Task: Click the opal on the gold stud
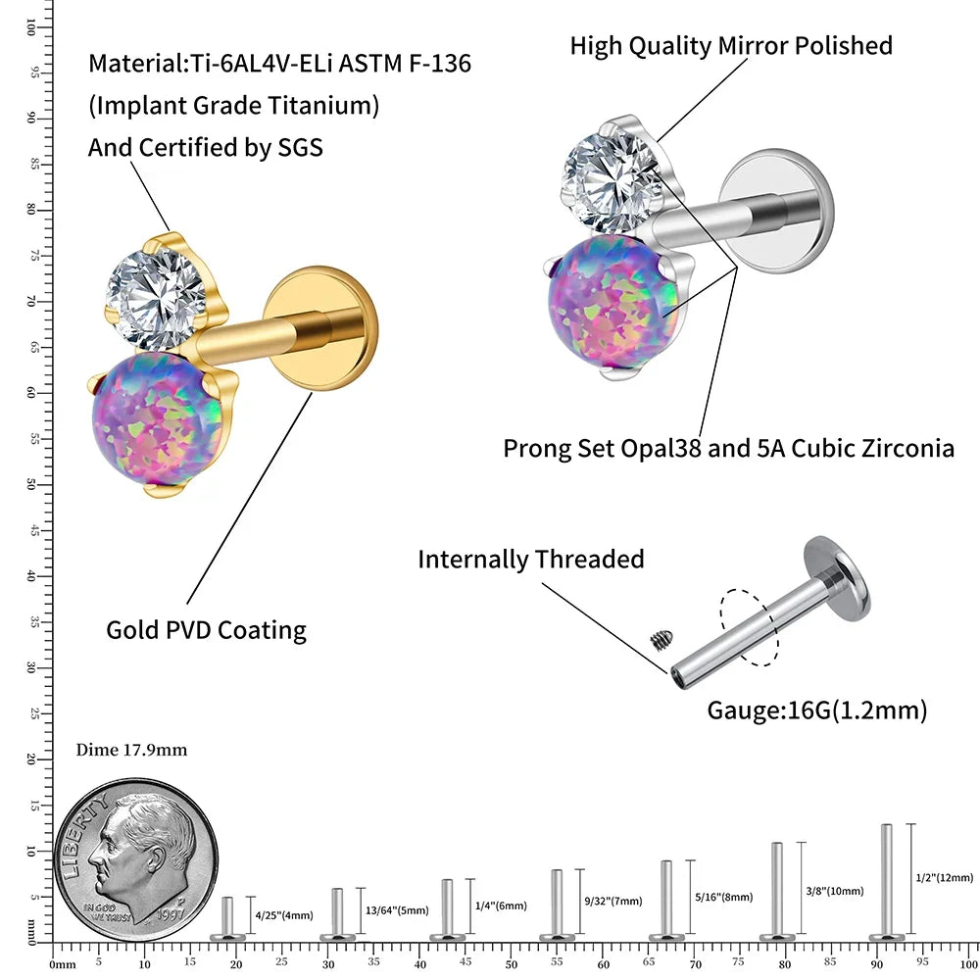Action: (158, 419)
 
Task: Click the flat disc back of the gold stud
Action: (320, 328)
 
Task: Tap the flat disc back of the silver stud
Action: (776, 212)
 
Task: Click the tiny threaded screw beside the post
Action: (661, 640)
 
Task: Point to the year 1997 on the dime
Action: (171, 913)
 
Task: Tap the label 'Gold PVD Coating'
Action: (206, 630)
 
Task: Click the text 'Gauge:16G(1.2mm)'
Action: (817, 710)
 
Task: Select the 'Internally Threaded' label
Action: (530, 559)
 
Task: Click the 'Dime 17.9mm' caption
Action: (131, 750)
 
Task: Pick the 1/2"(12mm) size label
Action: (945, 877)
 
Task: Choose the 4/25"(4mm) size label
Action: (284, 915)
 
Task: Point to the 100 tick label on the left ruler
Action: (30, 26)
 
